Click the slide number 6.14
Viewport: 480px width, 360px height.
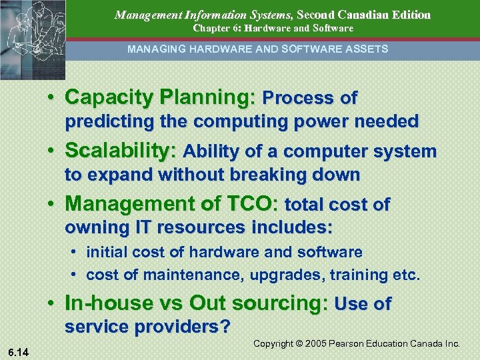click(19, 351)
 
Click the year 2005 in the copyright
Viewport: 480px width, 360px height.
click(315, 343)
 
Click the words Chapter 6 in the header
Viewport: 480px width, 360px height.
click(215, 29)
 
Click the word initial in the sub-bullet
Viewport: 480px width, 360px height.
click(105, 252)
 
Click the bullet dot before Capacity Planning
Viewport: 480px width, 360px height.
click(51, 98)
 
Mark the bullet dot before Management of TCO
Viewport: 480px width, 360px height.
click(51, 203)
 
